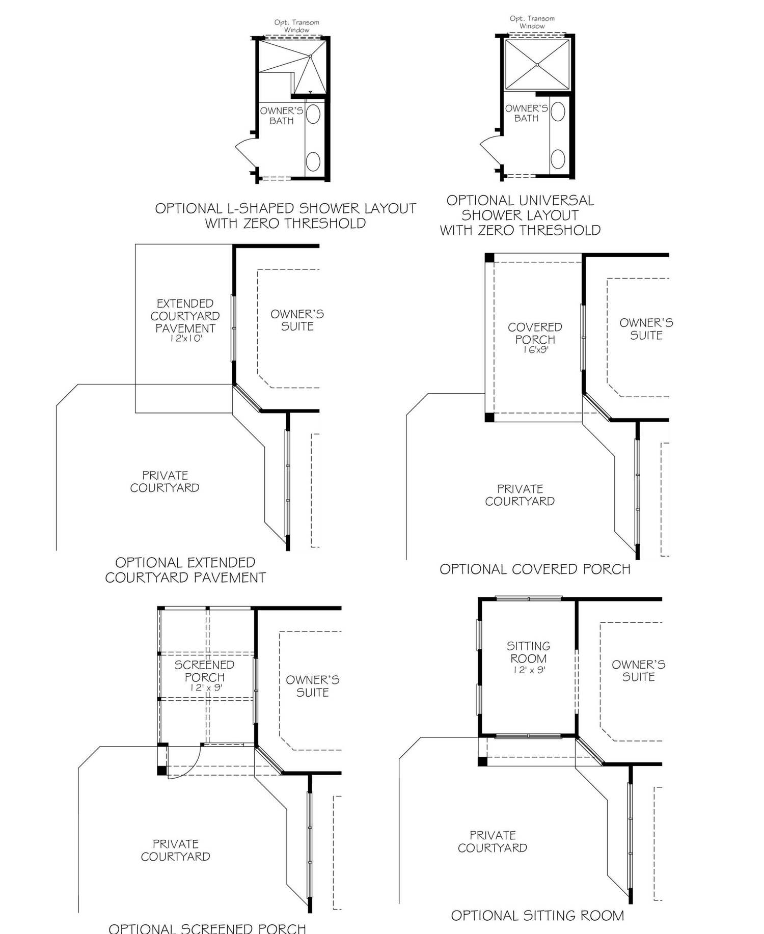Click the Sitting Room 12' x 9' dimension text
(x=529, y=670)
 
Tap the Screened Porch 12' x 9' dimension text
(x=206, y=688)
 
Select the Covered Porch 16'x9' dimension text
(x=535, y=350)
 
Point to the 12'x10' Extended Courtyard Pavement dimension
(x=185, y=338)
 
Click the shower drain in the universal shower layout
(x=537, y=65)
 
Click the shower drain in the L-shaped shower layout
(x=310, y=56)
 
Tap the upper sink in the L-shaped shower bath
(x=313, y=114)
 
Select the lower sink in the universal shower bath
(x=558, y=158)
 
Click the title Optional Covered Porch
(x=535, y=569)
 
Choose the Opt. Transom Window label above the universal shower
(x=532, y=22)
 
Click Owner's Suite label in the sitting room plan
(x=638, y=671)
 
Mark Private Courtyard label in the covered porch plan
(x=520, y=495)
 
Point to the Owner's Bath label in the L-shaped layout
(x=281, y=116)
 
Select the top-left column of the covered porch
(x=489, y=258)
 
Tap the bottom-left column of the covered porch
(x=489, y=417)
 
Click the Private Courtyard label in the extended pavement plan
(x=165, y=481)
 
